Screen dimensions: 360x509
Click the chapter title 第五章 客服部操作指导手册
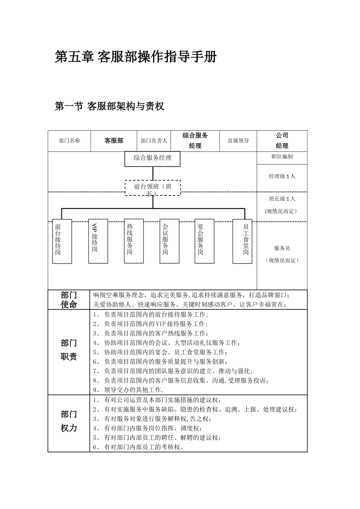tap(136, 57)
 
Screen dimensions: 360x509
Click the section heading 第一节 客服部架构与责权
tap(110, 106)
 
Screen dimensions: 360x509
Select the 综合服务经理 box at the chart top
tap(152, 159)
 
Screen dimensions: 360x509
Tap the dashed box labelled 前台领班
tap(153, 187)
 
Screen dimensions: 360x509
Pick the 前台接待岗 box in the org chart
tap(62, 241)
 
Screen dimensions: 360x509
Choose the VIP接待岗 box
tap(98, 241)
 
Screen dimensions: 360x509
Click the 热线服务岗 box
tap(134, 241)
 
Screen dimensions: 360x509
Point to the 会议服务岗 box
tap(169, 241)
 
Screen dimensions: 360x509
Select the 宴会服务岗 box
tap(204, 241)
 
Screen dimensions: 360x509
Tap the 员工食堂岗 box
tap(242, 241)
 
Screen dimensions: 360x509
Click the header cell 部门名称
tap(69, 141)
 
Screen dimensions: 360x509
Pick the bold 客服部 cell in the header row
tap(114, 141)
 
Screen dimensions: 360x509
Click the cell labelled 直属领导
tap(238, 141)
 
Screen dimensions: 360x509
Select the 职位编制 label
tap(282, 156)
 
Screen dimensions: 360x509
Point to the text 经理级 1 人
tap(282, 176)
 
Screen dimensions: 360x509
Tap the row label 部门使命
tap(69, 300)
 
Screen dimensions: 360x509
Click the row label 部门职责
tap(69, 350)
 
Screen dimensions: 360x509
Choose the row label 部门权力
tap(69, 421)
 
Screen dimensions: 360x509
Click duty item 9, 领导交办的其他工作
tap(128, 390)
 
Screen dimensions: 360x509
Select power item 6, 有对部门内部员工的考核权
tap(139, 447)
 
